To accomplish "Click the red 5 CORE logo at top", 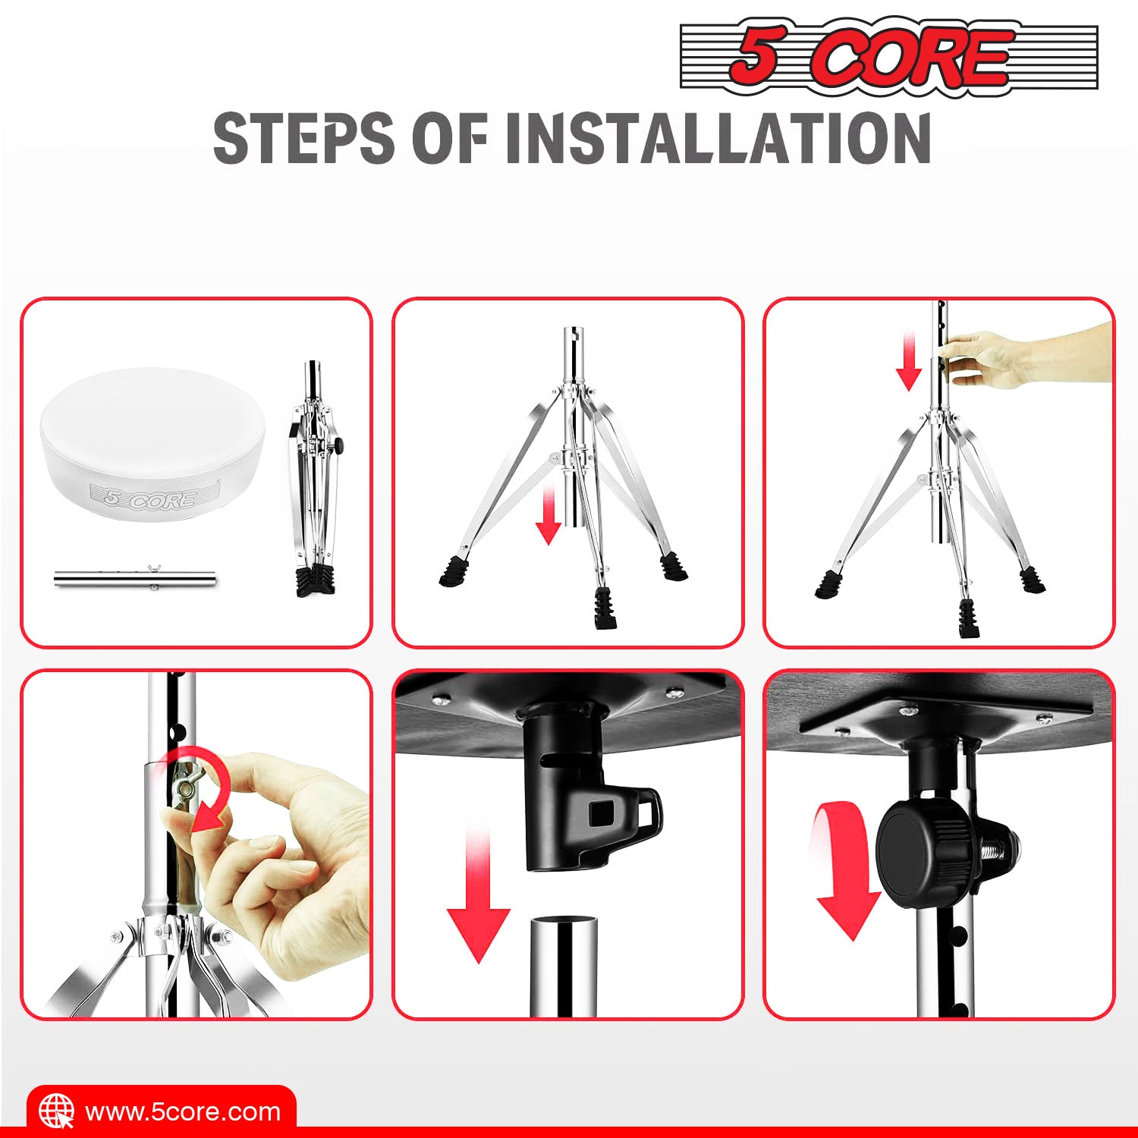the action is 889,58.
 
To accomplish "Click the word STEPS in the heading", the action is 303,138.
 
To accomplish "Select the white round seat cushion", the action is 153,442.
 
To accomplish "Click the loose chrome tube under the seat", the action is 135,579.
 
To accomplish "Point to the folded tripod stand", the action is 315,478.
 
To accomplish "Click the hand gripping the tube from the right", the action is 1024,355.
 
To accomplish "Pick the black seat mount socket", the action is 584,789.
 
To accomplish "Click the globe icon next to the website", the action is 57,1111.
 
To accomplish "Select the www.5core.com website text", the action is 183,1112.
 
